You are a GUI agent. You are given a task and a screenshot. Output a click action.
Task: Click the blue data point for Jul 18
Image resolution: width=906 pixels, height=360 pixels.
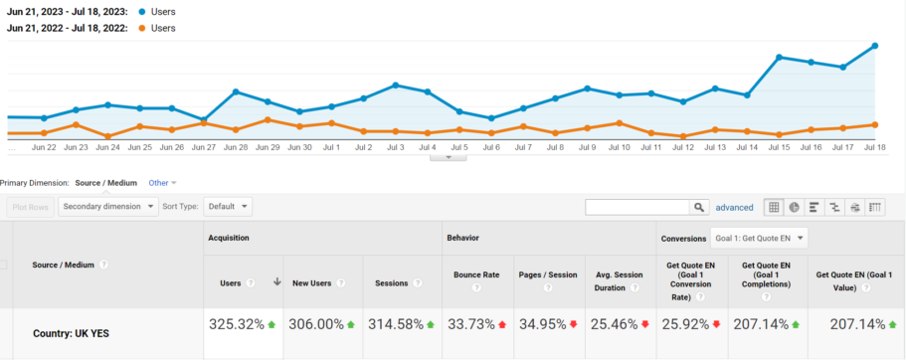coord(875,46)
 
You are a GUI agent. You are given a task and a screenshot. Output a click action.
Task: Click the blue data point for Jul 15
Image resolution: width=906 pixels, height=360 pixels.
coord(779,57)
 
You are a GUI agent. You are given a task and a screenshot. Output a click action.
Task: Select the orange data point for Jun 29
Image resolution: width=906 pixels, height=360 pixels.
coord(268,120)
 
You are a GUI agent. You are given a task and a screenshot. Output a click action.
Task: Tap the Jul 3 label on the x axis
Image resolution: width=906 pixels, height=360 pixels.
coord(395,147)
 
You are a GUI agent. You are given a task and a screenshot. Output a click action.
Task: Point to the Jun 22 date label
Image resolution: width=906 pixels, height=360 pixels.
coord(44,147)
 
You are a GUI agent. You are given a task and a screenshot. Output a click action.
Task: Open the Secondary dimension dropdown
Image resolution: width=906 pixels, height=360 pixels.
coord(108,207)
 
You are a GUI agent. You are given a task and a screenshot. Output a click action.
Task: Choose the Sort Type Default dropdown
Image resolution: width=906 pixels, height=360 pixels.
coord(228,207)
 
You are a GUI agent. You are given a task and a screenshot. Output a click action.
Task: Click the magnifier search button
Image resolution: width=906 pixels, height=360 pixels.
coord(698,207)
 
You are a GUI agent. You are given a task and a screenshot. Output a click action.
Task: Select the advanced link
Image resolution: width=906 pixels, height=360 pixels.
coord(734,207)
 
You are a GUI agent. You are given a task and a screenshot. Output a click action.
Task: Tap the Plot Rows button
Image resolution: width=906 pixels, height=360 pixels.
coord(30,207)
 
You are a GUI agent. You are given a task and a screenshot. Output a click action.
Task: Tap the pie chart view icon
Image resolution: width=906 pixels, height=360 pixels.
coord(794,207)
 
